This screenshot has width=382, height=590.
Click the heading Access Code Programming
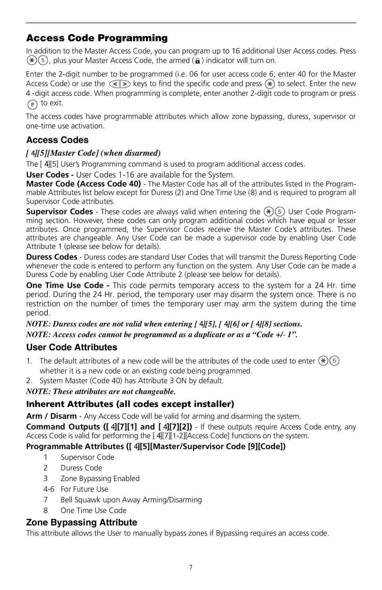coord(97,38)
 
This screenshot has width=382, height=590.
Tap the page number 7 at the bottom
coord(191,568)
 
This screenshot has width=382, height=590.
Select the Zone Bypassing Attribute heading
coord(82,522)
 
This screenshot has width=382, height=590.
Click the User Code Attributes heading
coord(72,347)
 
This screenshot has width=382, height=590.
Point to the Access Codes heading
coord(57,140)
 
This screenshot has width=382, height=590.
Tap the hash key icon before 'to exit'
coord(32,104)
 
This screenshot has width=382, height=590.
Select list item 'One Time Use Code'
coord(93,510)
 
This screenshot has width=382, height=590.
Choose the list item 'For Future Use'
coord(85,489)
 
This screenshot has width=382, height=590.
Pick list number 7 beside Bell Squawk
coord(45,500)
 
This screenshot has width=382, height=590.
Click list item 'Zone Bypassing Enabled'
coord(100,478)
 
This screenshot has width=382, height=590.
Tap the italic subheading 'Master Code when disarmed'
coord(94,153)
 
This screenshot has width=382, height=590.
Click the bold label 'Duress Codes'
coord(52,257)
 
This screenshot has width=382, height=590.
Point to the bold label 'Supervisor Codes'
coord(59,212)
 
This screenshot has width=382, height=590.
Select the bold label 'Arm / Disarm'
coord(51,416)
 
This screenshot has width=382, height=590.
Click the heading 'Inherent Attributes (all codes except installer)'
coord(130,404)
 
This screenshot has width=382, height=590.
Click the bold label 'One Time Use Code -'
coord(65,285)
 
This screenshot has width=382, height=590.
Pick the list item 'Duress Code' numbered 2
coord(81,468)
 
